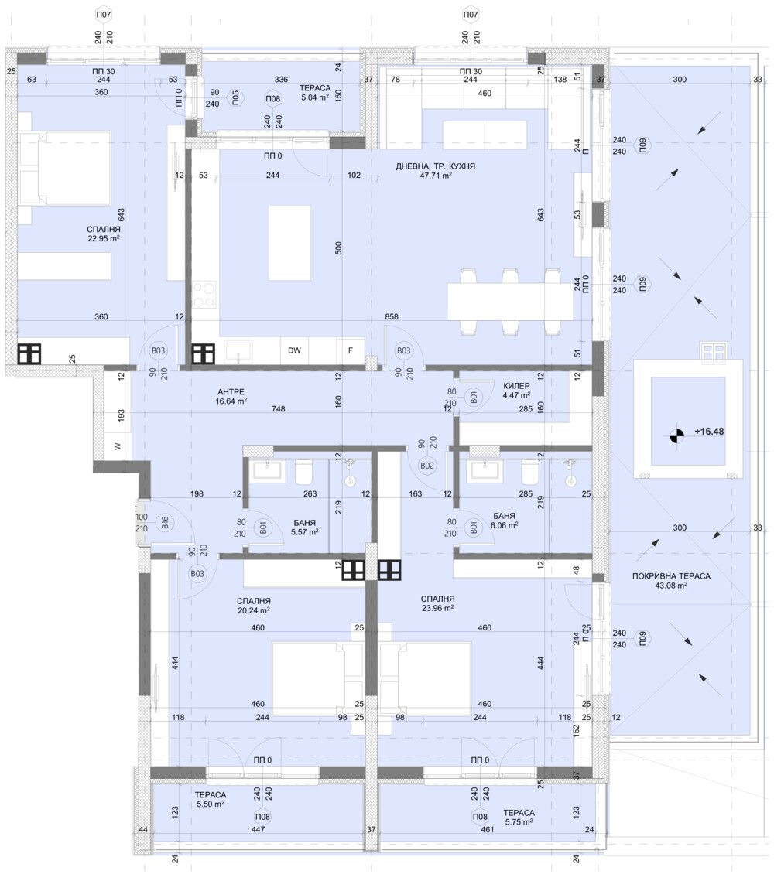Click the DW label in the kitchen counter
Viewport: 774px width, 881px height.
294,350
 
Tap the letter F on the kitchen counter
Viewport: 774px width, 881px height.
351,350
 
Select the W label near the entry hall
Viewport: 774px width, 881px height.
117,446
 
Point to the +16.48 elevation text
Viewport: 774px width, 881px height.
709,432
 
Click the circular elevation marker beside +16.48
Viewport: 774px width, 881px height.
677,436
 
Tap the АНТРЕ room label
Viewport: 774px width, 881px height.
232,391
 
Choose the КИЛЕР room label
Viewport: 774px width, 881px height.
516,384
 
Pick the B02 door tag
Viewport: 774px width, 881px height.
426,466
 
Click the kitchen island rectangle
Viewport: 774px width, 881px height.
289,243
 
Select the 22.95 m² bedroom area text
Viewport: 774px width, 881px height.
104,239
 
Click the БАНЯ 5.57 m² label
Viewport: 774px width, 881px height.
303,528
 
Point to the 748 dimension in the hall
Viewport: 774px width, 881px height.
276,409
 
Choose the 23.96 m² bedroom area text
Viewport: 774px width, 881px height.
437,610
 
